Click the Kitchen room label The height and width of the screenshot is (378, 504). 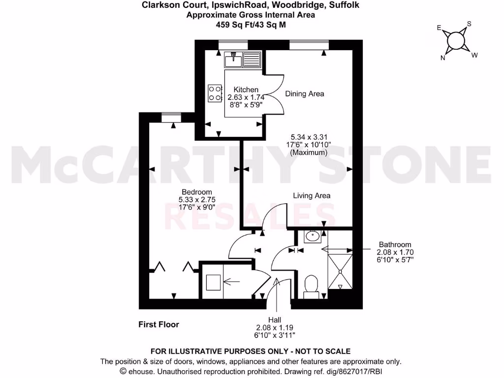click(246, 90)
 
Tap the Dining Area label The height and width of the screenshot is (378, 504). click(305, 94)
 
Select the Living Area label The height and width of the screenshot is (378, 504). click(312, 195)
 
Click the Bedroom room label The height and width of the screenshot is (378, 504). click(197, 192)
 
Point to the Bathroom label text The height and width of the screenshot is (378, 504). click(395, 244)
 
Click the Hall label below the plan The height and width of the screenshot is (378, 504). click(275, 319)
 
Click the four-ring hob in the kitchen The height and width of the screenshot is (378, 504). click(215, 93)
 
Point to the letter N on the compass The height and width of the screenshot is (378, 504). click(443, 58)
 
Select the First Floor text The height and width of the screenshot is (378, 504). click(158, 324)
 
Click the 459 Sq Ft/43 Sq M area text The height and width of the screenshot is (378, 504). click(251, 24)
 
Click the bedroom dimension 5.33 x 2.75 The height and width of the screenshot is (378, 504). click(197, 200)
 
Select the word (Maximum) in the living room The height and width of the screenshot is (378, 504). click(309, 153)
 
